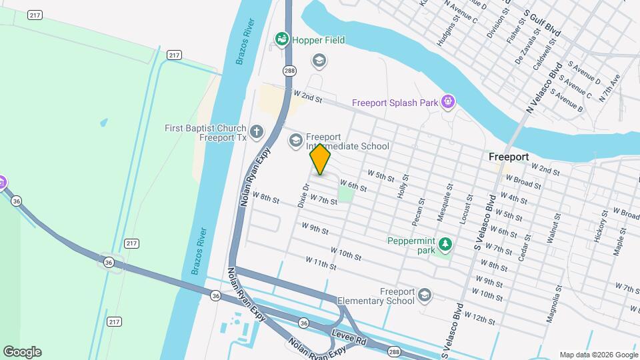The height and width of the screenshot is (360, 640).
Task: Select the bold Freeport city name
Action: tap(508, 157)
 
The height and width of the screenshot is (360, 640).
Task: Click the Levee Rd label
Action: tap(352, 340)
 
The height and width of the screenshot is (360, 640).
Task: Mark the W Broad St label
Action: tap(527, 183)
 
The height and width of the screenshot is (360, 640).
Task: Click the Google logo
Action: tap(22, 352)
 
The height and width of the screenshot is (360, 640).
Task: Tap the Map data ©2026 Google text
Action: tap(598, 355)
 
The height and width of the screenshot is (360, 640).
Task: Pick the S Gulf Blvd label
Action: tap(542, 22)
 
